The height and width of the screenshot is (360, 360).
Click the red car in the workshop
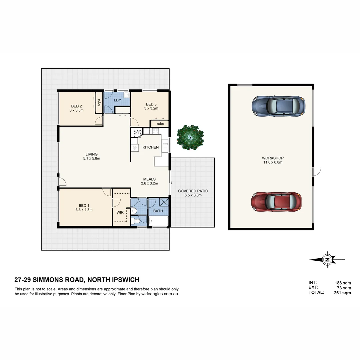276,202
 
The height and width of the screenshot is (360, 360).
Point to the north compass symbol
327,259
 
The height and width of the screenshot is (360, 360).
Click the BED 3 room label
151,104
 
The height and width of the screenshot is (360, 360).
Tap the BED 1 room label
84,205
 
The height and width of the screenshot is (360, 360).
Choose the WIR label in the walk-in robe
120,212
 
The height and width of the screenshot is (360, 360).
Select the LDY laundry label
117,100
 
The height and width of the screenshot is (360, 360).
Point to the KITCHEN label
151,147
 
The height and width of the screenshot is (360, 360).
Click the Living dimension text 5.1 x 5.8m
91,159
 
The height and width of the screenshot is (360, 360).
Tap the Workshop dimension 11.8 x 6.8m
272,162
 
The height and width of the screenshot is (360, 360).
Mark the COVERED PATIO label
193,191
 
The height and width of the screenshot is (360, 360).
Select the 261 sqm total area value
342,293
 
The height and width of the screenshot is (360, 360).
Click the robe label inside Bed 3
160,124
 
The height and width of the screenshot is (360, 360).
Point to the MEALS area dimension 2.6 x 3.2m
149,183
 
